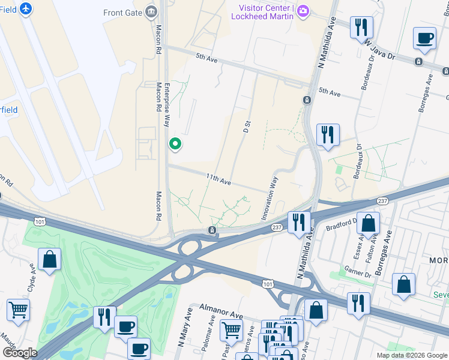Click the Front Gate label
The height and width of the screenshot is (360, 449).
(122, 13)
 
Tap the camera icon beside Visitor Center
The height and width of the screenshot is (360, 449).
(304, 11)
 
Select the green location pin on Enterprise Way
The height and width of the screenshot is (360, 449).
(175, 144)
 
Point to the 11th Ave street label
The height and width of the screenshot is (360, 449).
(218, 179)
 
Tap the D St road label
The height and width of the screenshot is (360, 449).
(246, 126)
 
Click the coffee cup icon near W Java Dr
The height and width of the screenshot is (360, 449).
(424, 38)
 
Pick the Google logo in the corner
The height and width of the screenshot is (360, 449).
(19, 353)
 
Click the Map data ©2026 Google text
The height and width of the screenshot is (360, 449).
(411, 355)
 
